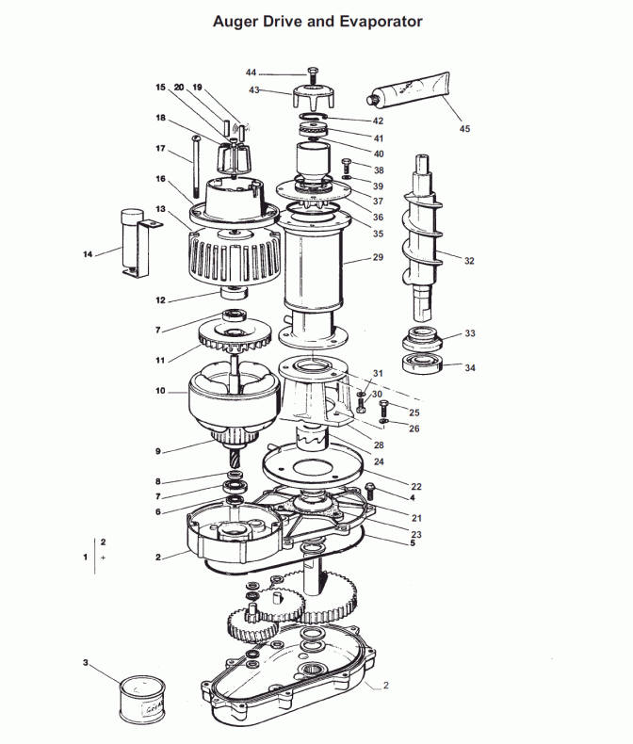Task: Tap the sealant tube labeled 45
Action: click(x=408, y=89)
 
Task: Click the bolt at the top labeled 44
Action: click(x=313, y=76)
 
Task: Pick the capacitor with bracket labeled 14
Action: click(x=138, y=243)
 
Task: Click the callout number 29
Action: click(x=378, y=257)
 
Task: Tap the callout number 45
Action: click(x=464, y=129)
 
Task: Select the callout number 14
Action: click(x=88, y=254)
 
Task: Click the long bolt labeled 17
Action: click(x=196, y=167)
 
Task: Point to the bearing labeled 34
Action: click(x=423, y=364)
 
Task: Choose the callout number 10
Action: click(x=160, y=391)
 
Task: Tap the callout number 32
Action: click(x=469, y=261)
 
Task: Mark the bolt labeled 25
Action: click(x=384, y=408)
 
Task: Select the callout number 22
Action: click(x=416, y=486)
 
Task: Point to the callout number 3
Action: click(x=86, y=662)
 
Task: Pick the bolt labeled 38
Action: click(x=347, y=166)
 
